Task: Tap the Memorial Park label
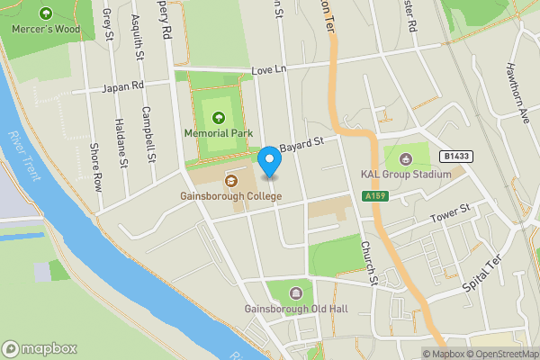coord(218,133)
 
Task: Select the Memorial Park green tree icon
coord(218,116)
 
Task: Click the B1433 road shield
coord(456,155)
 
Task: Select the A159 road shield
coord(374,196)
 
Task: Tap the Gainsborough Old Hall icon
coord(296,292)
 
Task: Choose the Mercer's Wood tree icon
coord(46,13)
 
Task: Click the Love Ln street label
coord(267,68)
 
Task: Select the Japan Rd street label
coord(123,87)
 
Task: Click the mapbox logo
coord(40,348)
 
